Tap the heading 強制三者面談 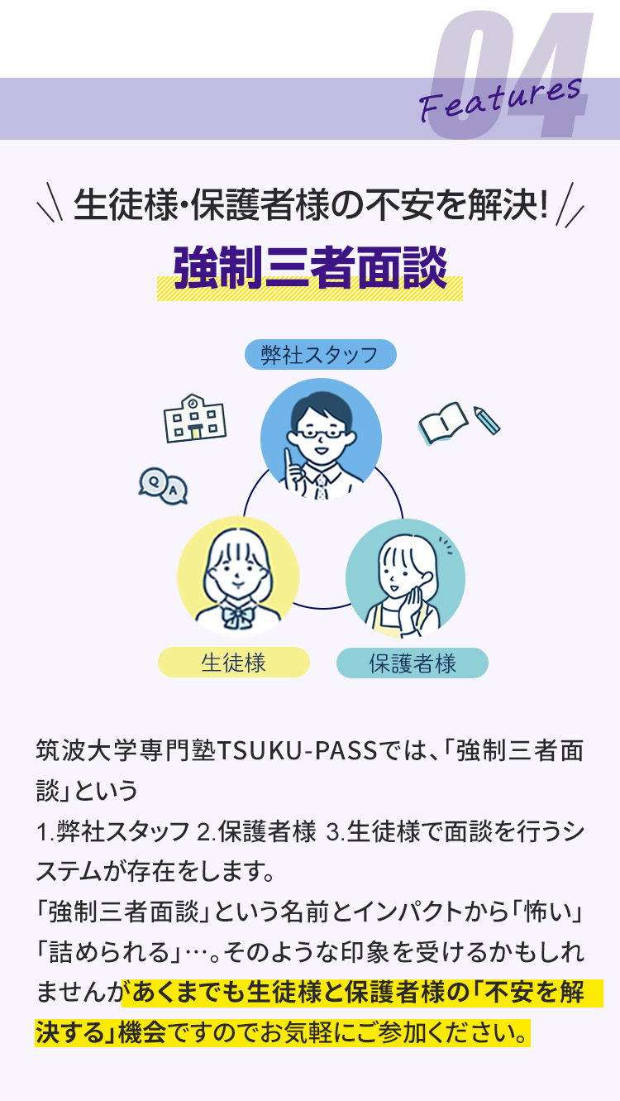[310, 267]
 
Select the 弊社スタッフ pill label [320, 354]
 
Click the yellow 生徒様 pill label [234, 662]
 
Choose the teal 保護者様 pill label [413, 663]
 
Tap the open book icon [442, 424]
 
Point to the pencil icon [487, 420]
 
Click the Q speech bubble [153, 481]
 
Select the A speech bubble [174, 490]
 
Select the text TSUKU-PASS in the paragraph [297, 750]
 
